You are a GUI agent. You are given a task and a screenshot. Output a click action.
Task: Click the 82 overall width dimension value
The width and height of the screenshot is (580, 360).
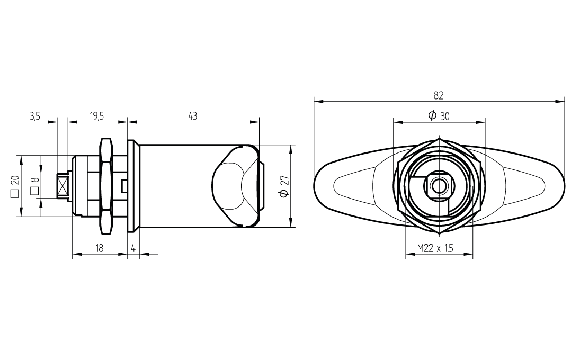[x=439, y=96]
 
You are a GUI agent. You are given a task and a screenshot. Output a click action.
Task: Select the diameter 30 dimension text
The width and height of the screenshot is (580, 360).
[x=439, y=116]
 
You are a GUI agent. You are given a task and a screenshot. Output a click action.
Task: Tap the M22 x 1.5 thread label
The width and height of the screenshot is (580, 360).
[x=435, y=248]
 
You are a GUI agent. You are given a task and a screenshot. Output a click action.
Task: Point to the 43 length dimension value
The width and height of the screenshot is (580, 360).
[x=192, y=116]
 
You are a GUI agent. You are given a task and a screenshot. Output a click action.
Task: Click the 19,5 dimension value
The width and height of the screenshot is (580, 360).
[x=96, y=116]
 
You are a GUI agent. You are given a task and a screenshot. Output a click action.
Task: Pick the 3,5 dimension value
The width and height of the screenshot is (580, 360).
[x=34, y=116]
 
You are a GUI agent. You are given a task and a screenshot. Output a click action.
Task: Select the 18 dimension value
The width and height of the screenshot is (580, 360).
[x=99, y=248]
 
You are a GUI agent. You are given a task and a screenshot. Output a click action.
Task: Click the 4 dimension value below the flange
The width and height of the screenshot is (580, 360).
[x=133, y=248]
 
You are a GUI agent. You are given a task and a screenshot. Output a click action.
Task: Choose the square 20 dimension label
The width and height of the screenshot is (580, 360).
[x=15, y=187]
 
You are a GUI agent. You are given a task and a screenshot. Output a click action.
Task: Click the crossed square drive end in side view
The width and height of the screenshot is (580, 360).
[x=62, y=186]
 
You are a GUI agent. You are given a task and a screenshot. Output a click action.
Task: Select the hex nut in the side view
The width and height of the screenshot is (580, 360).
[x=106, y=186]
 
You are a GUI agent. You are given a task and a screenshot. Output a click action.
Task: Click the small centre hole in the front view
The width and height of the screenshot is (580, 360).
[x=439, y=185]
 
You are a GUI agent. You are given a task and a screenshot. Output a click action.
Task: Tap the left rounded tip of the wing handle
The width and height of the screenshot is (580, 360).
[x=315, y=185]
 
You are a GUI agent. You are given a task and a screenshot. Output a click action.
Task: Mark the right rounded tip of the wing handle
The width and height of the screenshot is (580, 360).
[x=565, y=185]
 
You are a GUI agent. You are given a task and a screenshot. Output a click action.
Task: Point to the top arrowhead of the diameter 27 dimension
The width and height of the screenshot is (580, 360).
[x=291, y=149]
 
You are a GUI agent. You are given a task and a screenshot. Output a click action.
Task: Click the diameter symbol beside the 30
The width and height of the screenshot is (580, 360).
[x=432, y=115]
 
